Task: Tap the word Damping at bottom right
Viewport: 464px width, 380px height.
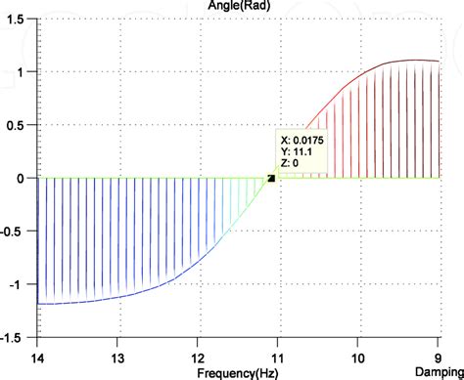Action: (437, 373)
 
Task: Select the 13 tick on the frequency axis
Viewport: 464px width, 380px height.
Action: (117, 359)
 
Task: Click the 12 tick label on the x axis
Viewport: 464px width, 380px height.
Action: (198, 359)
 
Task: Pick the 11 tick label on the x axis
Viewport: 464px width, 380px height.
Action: (278, 359)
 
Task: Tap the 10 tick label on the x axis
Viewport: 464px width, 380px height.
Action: (358, 359)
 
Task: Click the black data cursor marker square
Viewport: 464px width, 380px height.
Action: (270, 178)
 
